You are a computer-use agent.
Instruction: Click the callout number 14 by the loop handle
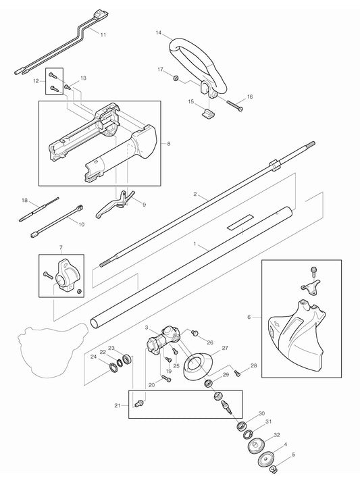[x=159, y=32]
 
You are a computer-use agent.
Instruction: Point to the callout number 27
[x=224, y=349]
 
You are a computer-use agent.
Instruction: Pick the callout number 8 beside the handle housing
[x=168, y=144]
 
